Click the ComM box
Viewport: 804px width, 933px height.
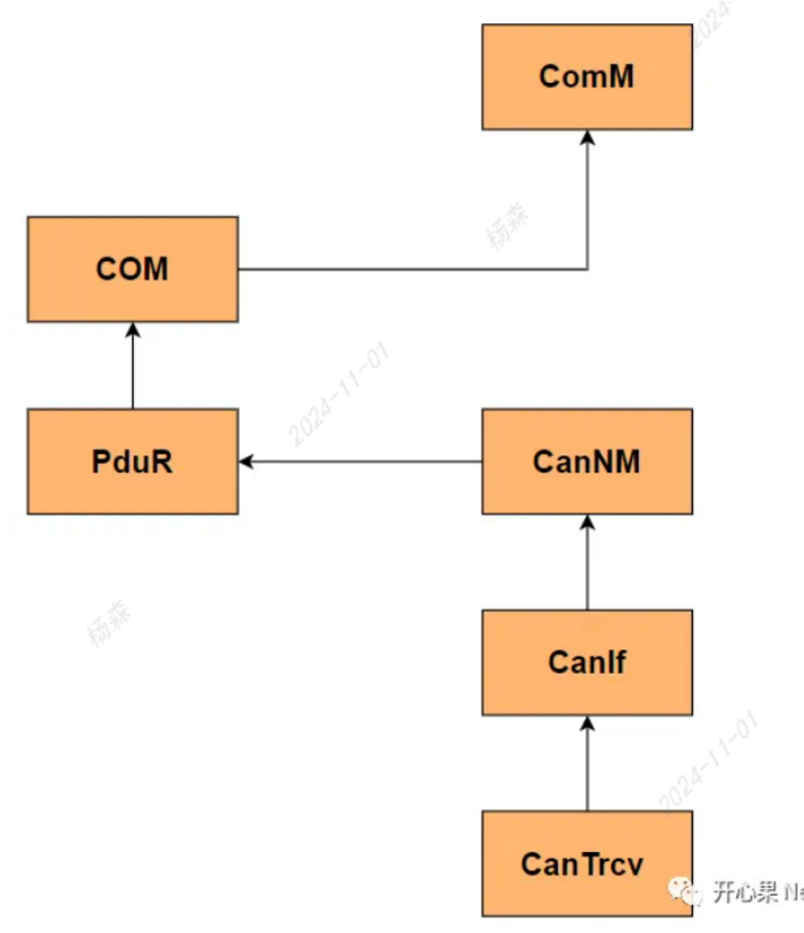(587, 77)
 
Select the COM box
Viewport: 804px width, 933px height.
(132, 269)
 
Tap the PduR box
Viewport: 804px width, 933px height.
(132, 462)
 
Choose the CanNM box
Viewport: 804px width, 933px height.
(587, 462)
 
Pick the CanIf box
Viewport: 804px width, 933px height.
(587, 663)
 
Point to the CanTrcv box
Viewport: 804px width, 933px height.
(587, 863)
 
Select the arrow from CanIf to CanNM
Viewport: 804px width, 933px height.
(587, 564)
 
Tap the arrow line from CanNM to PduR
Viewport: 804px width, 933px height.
(361, 462)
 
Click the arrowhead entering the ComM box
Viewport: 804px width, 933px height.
(587, 137)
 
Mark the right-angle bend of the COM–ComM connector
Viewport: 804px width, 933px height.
(587, 269)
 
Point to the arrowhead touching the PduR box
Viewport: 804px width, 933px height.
(246, 462)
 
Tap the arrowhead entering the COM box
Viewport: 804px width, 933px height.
(132, 330)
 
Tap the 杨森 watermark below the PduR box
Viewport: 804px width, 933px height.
(109, 623)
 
